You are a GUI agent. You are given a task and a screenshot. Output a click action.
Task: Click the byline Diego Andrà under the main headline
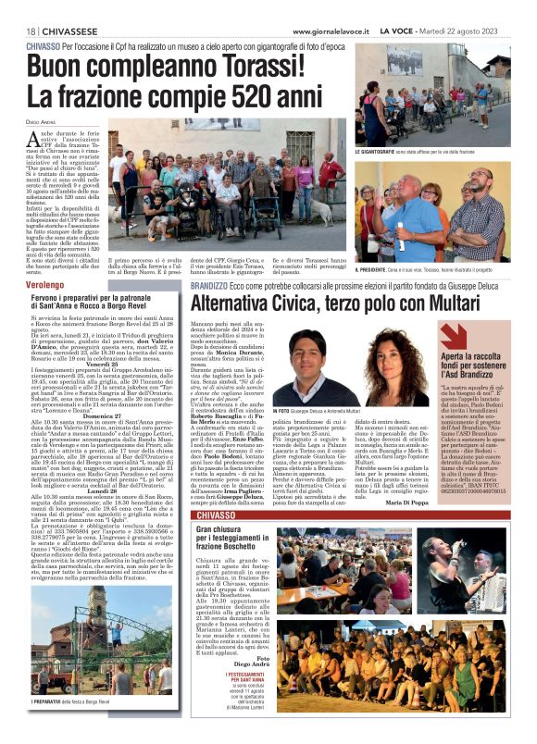tap(42, 121)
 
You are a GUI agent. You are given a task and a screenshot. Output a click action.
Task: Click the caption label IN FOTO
tap(281, 409)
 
